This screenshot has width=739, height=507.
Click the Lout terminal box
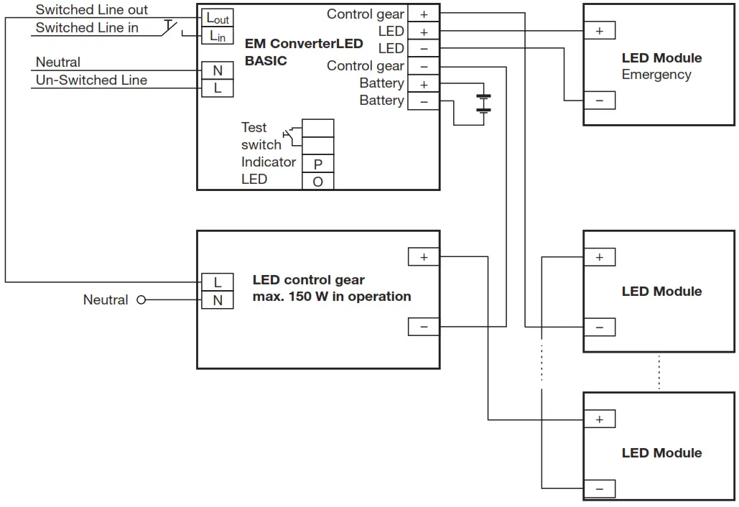pyautogui.click(x=218, y=19)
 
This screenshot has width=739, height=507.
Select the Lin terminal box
pyautogui.click(x=218, y=36)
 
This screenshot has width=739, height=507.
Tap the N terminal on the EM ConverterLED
pyautogui.click(x=218, y=70)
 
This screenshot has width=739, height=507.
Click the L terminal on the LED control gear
pyautogui.click(x=218, y=282)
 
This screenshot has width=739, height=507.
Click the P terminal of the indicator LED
pyautogui.click(x=317, y=164)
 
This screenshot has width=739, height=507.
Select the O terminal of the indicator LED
pyautogui.click(x=317, y=182)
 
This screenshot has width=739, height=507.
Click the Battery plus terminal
pyautogui.click(x=423, y=84)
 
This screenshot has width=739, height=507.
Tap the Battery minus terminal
pyautogui.click(x=423, y=101)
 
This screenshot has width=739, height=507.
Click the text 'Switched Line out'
pyautogui.click(x=92, y=10)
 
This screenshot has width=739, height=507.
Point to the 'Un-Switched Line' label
pyautogui.click(x=91, y=80)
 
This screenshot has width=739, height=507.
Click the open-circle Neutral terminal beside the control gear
pyautogui.click(x=141, y=300)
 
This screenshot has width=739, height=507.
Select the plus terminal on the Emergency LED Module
pyautogui.click(x=599, y=31)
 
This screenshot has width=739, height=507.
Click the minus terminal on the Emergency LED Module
pyautogui.click(x=599, y=101)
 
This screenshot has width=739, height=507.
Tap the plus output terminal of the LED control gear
pyautogui.click(x=423, y=257)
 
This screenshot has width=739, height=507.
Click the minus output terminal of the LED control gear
pyautogui.click(x=423, y=327)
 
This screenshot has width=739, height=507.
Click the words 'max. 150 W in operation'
pyautogui.click(x=332, y=297)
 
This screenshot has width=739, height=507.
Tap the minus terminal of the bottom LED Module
pyautogui.click(x=599, y=490)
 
